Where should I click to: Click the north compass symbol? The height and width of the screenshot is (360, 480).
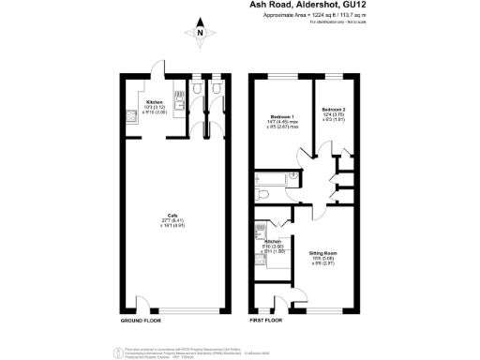[x=200, y=34]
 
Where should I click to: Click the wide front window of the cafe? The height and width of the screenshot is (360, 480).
[x=187, y=309]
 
